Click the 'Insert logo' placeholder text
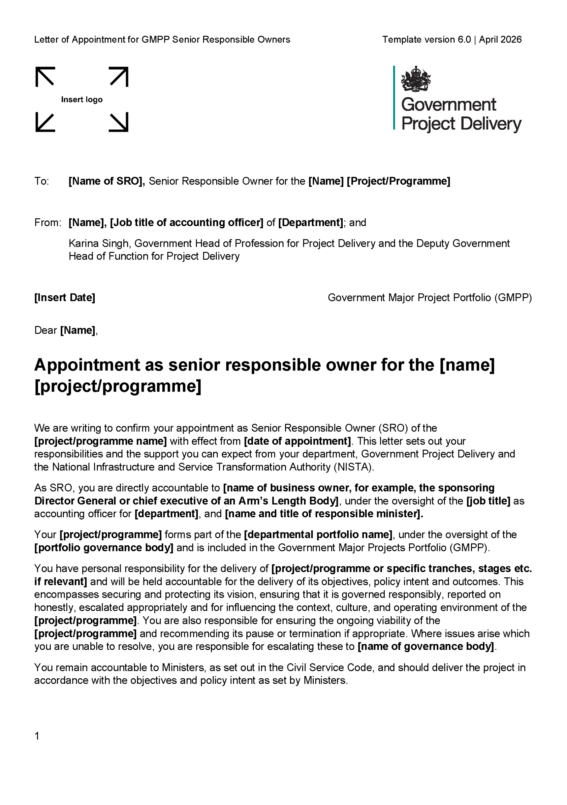coord(82,100)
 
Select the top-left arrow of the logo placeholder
coord(45,76)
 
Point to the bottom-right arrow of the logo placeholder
coord(119,122)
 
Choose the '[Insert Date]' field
coord(65,298)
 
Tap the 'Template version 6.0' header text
coord(426,40)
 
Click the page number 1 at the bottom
coord(37,736)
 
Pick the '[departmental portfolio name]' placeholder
coord(318,535)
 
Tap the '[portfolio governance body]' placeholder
coord(104,548)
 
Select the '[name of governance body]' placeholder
coord(426,646)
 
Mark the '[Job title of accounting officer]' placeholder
coord(187,223)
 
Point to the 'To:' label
coord(42,181)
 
